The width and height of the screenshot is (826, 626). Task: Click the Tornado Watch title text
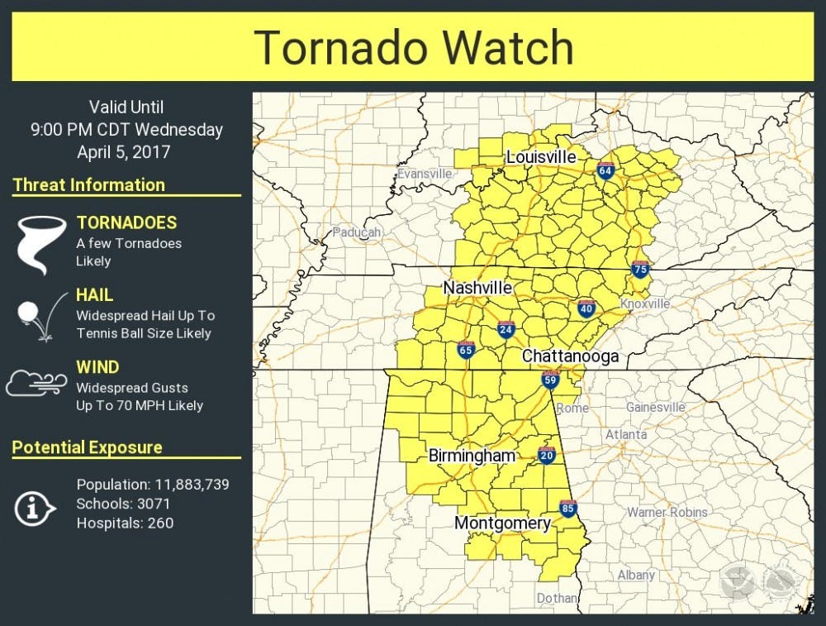(x=413, y=46)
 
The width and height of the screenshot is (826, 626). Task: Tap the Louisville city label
(x=541, y=157)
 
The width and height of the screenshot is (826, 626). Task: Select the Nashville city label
(x=477, y=288)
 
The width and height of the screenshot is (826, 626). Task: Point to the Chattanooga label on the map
(x=570, y=356)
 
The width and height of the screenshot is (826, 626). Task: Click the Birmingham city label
(x=472, y=456)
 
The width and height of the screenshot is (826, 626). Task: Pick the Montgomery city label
(x=502, y=523)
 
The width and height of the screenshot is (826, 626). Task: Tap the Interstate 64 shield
(x=605, y=170)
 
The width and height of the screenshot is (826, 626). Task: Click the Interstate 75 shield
(x=639, y=269)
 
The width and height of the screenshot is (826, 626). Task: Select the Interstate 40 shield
(x=586, y=308)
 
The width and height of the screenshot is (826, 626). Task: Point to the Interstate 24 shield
(x=506, y=330)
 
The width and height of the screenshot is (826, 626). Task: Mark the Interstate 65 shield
(x=466, y=350)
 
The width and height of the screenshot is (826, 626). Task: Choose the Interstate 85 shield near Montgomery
(x=567, y=508)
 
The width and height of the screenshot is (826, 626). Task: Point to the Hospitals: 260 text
(x=125, y=523)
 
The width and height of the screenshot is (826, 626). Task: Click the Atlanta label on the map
(x=626, y=434)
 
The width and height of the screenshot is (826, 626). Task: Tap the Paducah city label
(x=357, y=232)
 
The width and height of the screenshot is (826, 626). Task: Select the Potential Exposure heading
(x=88, y=447)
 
